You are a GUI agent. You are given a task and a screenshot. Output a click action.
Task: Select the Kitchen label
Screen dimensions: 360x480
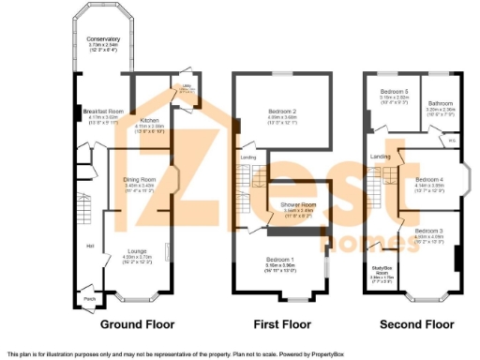(x=150, y=121)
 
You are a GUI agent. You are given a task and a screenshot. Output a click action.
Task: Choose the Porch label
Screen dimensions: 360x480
(x=89, y=299)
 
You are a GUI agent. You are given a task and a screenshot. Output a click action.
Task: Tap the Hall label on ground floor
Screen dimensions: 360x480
(x=91, y=247)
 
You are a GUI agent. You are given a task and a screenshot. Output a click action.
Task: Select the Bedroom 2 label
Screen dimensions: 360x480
(x=281, y=112)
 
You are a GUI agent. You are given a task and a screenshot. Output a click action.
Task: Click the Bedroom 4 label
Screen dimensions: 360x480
(x=428, y=179)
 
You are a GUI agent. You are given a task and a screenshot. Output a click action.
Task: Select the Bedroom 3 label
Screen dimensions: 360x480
(x=428, y=231)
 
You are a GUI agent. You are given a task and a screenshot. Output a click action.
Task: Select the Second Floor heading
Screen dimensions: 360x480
(x=415, y=325)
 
